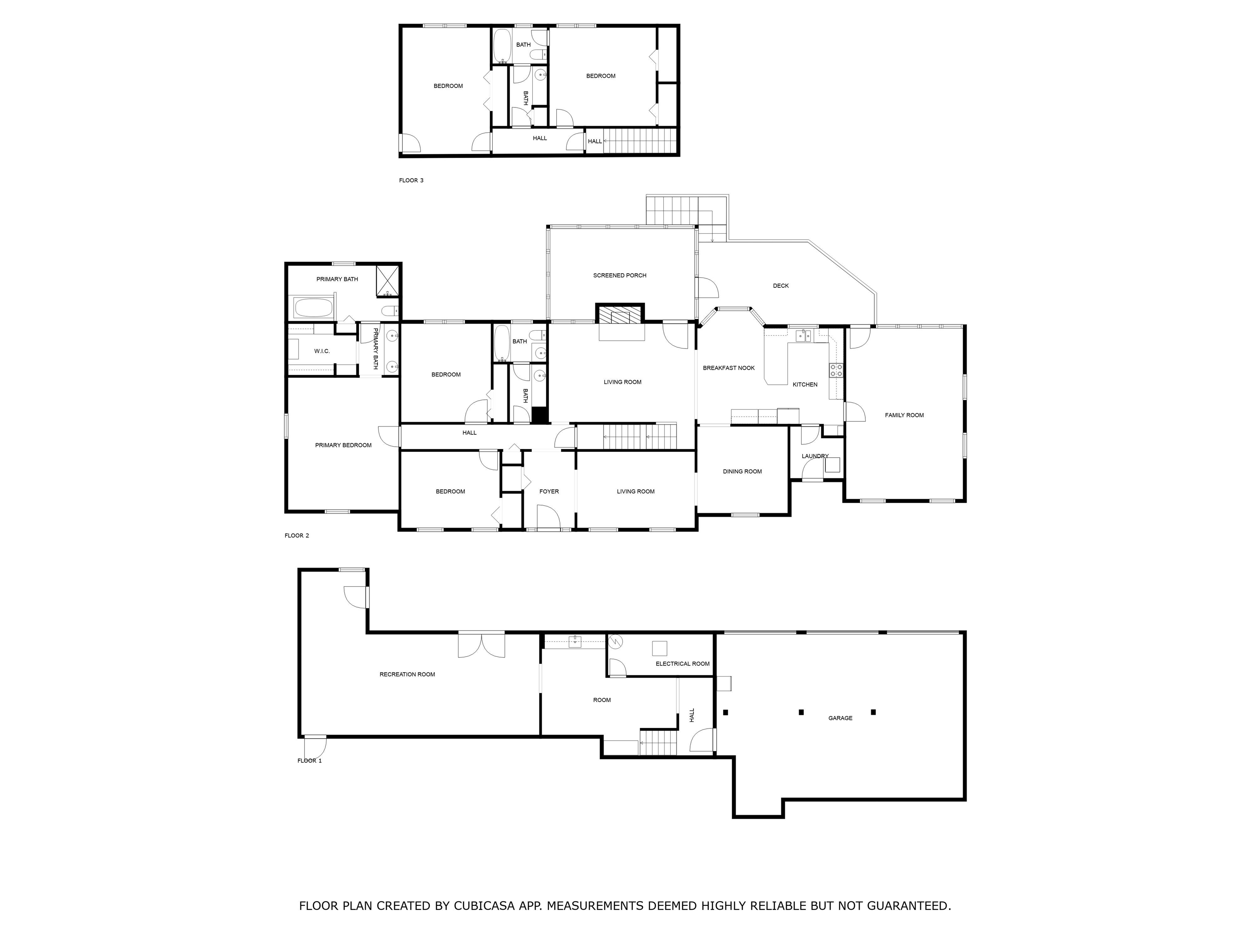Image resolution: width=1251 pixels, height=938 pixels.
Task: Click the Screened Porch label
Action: coord(619,275)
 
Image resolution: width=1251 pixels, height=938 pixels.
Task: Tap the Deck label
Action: coord(781,285)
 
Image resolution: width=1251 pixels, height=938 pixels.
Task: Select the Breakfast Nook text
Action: coord(729,368)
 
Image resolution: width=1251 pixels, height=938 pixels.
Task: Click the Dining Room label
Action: coord(742,471)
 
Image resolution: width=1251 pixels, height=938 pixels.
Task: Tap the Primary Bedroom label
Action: coord(343,445)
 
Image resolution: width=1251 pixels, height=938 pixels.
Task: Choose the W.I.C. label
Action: coord(321,351)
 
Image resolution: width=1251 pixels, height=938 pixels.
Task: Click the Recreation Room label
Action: coord(407,674)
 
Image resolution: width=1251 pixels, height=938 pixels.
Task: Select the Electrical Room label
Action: coord(682,664)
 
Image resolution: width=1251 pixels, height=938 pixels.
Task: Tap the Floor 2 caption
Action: coord(296,535)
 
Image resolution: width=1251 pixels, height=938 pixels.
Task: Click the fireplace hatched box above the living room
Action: coord(619,314)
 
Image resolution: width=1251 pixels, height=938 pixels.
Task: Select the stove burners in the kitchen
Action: coord(836,370)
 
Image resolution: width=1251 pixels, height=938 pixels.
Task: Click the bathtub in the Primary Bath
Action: coord(313,308)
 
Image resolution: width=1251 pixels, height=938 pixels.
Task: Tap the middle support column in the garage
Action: coord(801,712)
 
